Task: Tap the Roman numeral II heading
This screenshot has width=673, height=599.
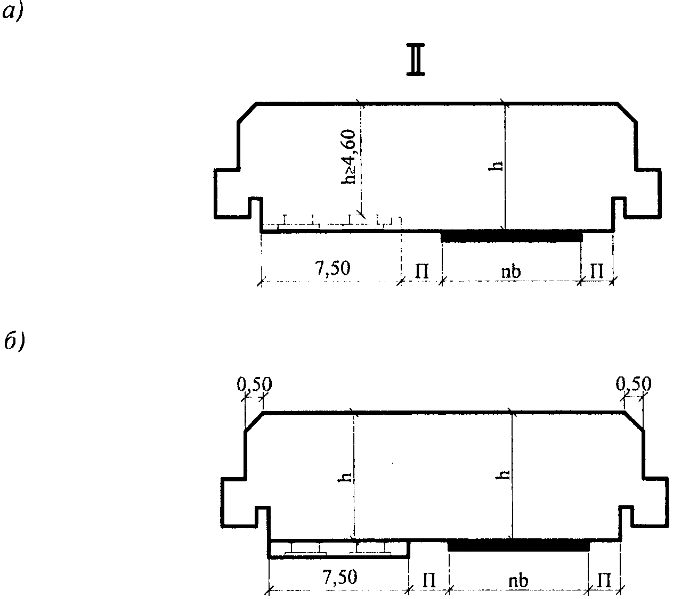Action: (x=416, y=64)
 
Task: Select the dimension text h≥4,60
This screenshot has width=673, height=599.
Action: (x=348, y=157)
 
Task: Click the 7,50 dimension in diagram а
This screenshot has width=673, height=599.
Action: (x=333, y=268)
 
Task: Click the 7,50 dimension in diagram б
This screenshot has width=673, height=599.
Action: (x=340, y=577)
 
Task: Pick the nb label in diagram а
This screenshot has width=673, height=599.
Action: (x=511, y=272)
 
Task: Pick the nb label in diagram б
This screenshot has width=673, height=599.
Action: (x=518, y=581)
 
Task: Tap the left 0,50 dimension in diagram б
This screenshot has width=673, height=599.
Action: (x=254, y=384)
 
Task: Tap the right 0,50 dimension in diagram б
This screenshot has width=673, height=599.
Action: (x=634, y=384)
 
